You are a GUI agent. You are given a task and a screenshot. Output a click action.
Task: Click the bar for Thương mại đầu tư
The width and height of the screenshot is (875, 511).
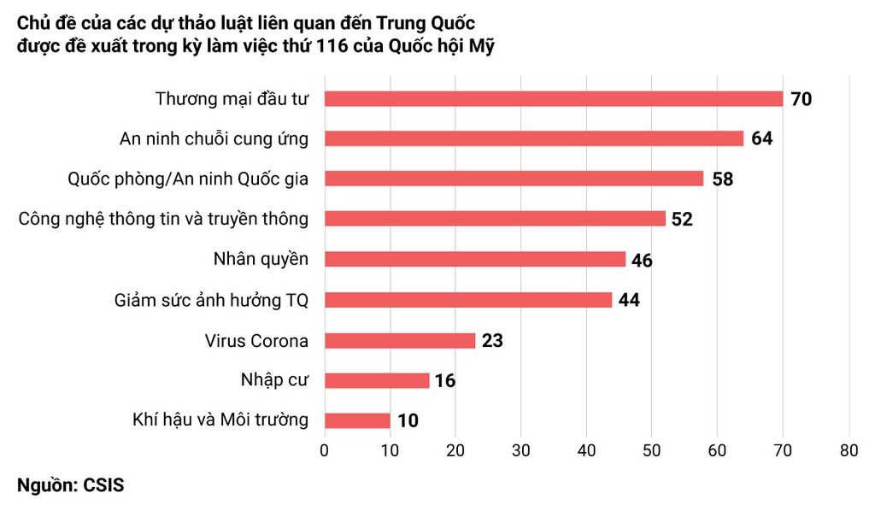[554, 98]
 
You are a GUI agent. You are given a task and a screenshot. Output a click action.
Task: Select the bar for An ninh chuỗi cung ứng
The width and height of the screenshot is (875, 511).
[534, 138]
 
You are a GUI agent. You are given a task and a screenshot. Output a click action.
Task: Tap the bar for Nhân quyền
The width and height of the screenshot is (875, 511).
[475, 259]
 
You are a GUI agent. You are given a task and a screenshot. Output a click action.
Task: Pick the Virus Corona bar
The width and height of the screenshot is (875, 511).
[400, 340]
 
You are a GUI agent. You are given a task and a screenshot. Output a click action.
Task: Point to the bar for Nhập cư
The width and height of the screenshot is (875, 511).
[377, 380]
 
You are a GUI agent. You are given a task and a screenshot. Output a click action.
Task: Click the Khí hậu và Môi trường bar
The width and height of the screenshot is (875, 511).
[357, 420]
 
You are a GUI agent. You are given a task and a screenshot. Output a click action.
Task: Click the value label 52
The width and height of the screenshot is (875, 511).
[682, 220]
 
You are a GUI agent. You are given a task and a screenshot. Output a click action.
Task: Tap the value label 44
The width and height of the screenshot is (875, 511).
[630, 300]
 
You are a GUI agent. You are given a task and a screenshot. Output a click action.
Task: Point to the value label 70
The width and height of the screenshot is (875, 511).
[801, 99]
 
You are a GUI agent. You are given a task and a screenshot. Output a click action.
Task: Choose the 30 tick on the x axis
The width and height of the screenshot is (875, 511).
[520, 450]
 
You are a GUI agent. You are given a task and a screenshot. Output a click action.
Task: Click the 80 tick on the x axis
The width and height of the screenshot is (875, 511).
[848, 450]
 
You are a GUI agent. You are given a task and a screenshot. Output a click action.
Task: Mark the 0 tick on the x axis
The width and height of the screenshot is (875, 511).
[325, 450]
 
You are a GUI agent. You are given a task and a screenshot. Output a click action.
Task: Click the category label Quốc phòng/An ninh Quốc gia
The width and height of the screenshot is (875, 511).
[188, 179]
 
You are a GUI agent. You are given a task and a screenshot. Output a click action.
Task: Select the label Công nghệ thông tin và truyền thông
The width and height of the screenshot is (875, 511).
[163, 219]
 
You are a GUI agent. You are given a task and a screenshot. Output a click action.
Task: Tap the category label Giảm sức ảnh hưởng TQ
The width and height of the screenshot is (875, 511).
[211, 300]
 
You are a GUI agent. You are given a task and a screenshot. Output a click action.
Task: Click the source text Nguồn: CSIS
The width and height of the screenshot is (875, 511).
[70, 486]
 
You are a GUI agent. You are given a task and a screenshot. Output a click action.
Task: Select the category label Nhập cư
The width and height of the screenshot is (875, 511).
[273, 380]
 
